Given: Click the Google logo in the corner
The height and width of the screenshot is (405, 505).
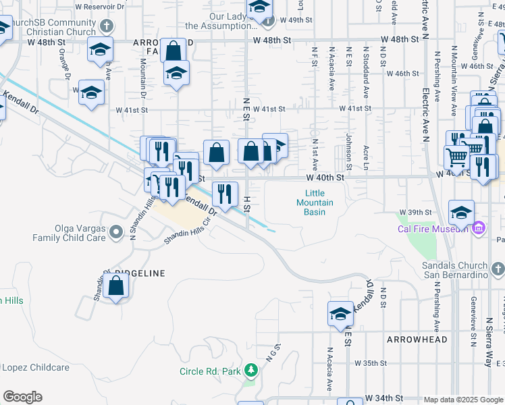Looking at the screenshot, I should (x=22, y=397).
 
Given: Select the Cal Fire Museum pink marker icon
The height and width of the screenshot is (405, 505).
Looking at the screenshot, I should (x=479, y=228).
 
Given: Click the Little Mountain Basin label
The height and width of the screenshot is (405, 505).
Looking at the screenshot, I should (x=315, y=202).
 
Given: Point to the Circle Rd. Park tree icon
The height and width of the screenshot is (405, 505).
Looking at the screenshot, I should (x=251, y=370).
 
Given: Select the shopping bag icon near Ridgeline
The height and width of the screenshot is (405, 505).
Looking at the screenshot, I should (x=116, y=286).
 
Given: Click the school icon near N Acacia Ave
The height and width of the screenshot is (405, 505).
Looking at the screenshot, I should (x=341, y=313).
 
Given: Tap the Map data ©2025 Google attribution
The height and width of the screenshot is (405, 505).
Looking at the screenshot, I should (x=462, y=400).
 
